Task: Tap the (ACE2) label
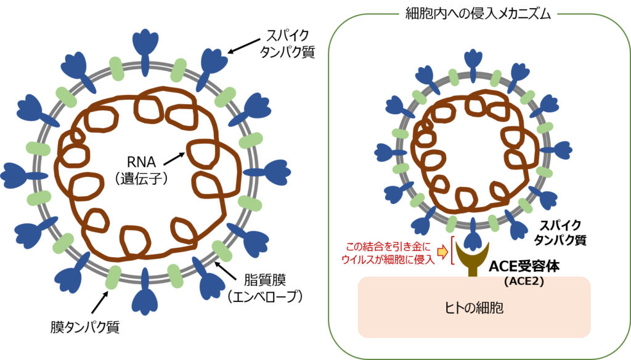click(523, 282)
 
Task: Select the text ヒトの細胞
click(474, 308)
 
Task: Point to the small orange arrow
click(442, 252)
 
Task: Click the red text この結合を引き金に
click(390, 246)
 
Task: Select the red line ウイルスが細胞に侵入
click(388, 260)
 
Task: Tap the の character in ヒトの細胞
click(474, 308)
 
